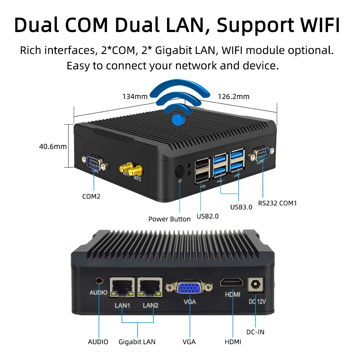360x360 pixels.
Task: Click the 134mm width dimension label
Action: (x=135, y=96)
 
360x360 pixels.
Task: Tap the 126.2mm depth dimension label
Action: (x=233, y=96)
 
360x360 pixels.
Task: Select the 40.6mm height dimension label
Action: (x=53, y=147)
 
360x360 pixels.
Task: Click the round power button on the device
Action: (x=180, y=171)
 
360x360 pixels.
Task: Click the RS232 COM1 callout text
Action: (x=278, y=203)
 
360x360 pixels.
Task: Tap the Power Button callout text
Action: (x=170, y=219)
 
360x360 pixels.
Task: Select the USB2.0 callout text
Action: (x=208, y=216)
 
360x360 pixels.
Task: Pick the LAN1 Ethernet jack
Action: (x=122, y=287)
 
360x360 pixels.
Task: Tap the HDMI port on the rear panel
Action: (x=232, y=282)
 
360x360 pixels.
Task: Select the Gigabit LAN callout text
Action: (x=137, y=342)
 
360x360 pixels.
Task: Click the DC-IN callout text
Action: (x=255, y=332)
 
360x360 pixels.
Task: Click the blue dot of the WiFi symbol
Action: (x=179, y=119)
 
